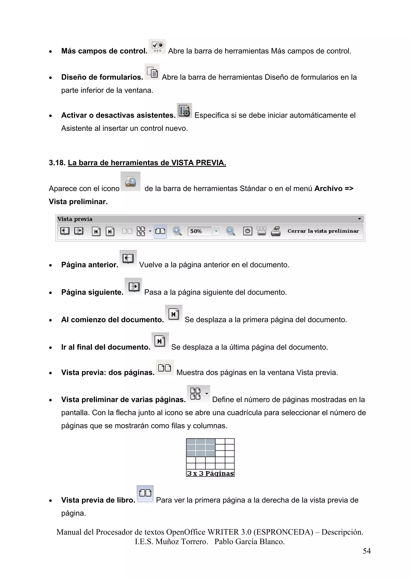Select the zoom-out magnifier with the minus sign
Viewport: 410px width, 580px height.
coord(230,231)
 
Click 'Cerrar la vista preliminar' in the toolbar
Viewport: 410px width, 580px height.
coord(323,231)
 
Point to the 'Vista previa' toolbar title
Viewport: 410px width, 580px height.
coord(75,219)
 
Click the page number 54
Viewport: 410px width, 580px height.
coord(367,551)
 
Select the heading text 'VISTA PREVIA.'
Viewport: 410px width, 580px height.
coord(199,163)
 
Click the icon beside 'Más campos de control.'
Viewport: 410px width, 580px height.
coord(157,46)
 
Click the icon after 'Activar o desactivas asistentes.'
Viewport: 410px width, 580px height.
coord(184,111)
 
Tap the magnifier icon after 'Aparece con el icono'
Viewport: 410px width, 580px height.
coord(131,182)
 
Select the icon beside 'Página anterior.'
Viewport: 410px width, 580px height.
coord(128,259)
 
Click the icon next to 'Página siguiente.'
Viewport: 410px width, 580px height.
coord(133,286)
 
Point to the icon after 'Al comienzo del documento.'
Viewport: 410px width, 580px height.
coord(174,314)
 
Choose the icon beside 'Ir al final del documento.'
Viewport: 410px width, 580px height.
coord(160,341)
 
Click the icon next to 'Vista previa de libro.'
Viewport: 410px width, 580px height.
coord(145,493)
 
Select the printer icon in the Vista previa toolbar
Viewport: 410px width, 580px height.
coord(276,231)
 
